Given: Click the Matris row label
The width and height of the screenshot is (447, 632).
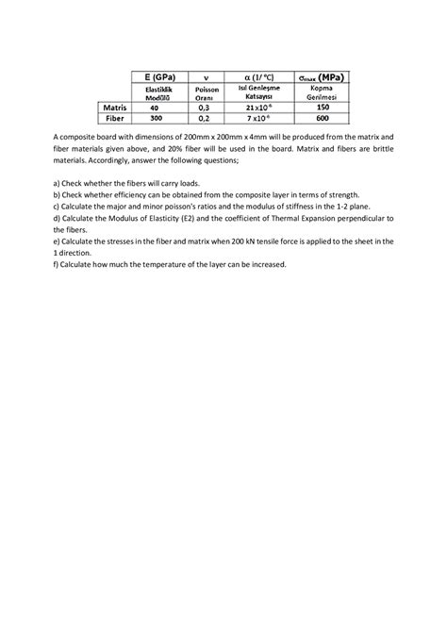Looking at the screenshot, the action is click(x=113, y=108).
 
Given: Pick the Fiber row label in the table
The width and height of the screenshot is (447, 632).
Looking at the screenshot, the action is click(x=114, y=120).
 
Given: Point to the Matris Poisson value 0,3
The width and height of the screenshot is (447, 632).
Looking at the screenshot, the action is click(x=204, y=108).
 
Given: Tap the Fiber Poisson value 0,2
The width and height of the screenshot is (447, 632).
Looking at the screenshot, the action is click(x=204, y=120).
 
